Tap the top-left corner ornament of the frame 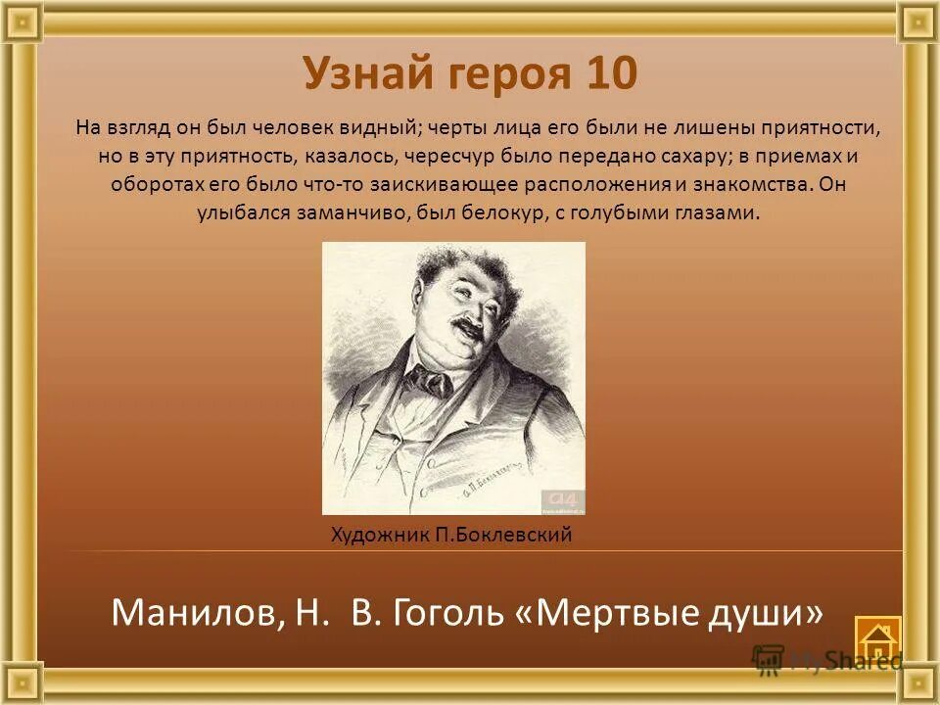[x=21, y=21]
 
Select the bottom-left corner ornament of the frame [x=21, y=683]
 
